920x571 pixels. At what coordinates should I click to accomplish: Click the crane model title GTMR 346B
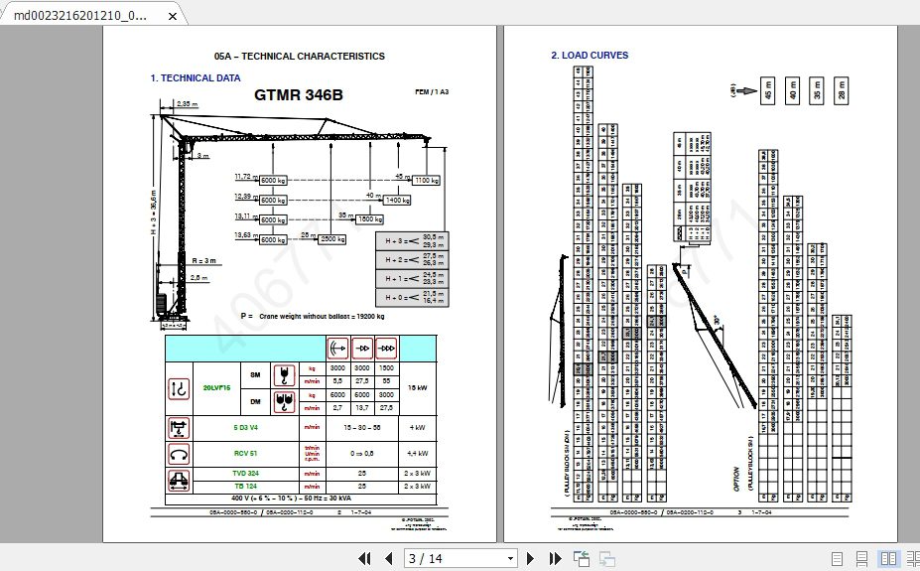(299, 95)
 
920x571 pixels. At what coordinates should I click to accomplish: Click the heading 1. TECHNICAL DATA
(196, 77)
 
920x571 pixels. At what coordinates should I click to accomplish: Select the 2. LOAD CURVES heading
(590, 56)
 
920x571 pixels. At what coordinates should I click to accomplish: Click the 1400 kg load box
(397, 200)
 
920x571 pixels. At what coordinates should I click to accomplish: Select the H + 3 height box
(411, 239)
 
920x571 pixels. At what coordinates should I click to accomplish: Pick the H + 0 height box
(411, 296)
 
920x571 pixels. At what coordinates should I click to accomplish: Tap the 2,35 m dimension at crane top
(187, 103)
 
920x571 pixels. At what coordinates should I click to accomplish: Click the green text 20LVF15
(216, 387)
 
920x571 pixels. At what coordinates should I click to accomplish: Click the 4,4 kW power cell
(418, 454)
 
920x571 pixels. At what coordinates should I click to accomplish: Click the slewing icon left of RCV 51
(181, 454)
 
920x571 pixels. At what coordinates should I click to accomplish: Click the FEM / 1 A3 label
(432, 91)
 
